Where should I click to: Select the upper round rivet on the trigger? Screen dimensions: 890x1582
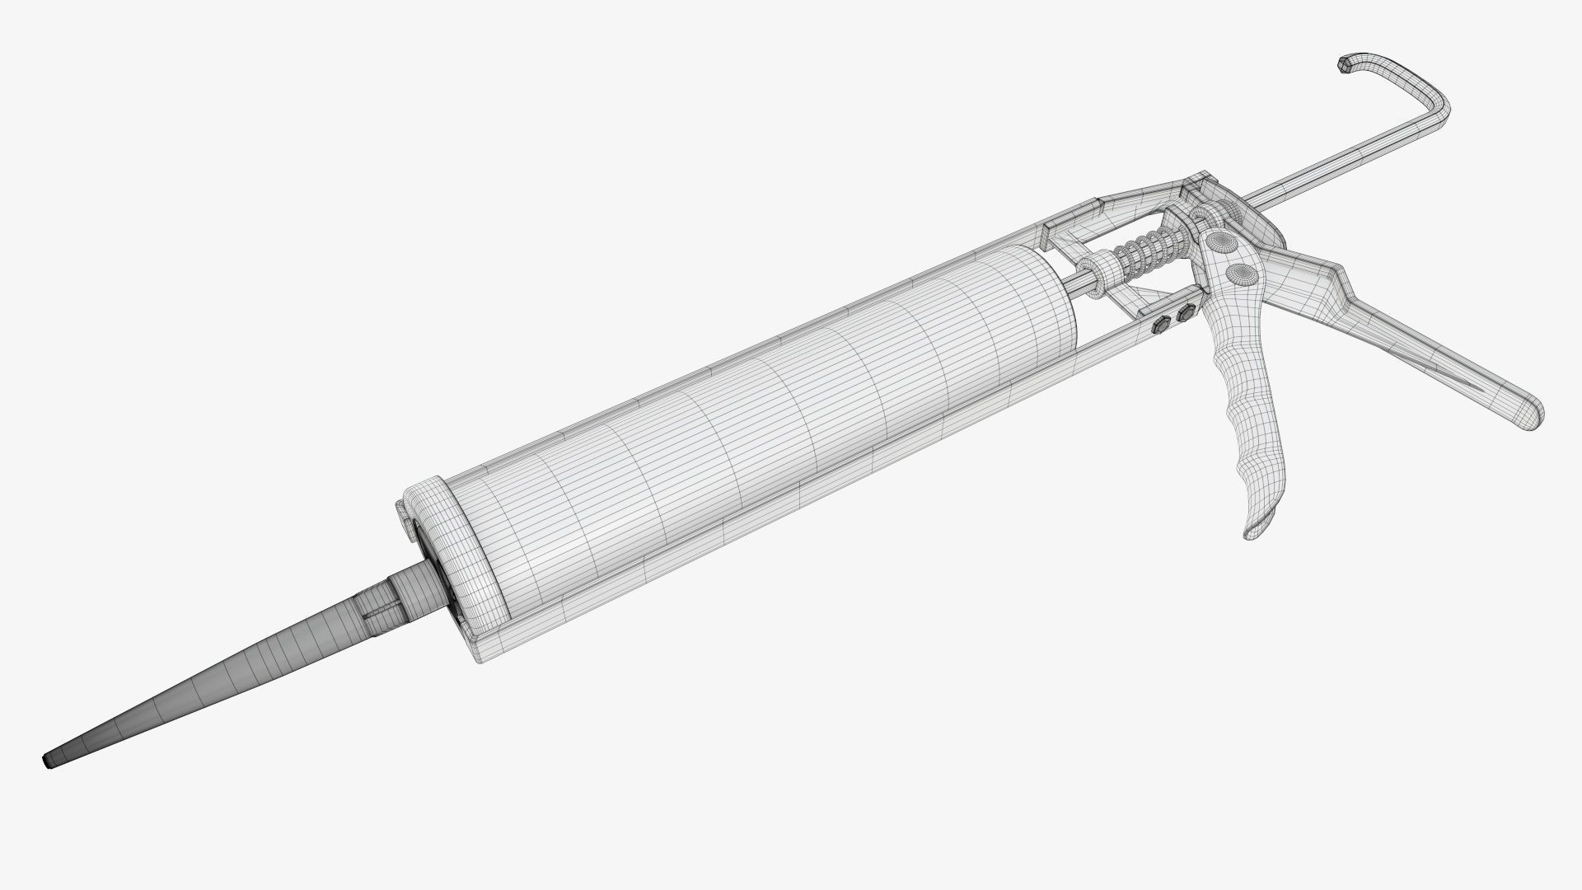[1220, 242]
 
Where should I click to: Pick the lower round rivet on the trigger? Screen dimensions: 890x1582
[1237, 274]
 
